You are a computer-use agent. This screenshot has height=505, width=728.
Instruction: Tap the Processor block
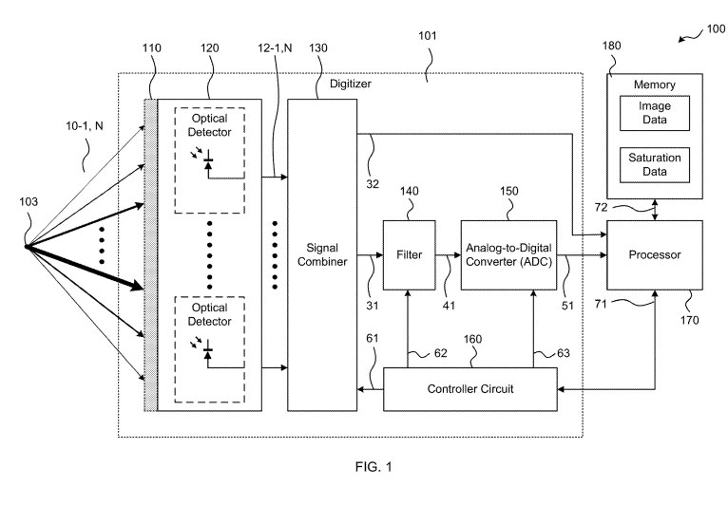[x=656, y=254]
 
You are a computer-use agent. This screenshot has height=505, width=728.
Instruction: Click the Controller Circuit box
[x=470, y=390]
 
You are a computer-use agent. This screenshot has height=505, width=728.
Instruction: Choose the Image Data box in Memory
[x=655, y=114]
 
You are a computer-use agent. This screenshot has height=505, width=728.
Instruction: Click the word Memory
[x=655, y=84]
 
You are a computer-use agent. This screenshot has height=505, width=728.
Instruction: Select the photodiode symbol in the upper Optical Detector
[x=209, y=167]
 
